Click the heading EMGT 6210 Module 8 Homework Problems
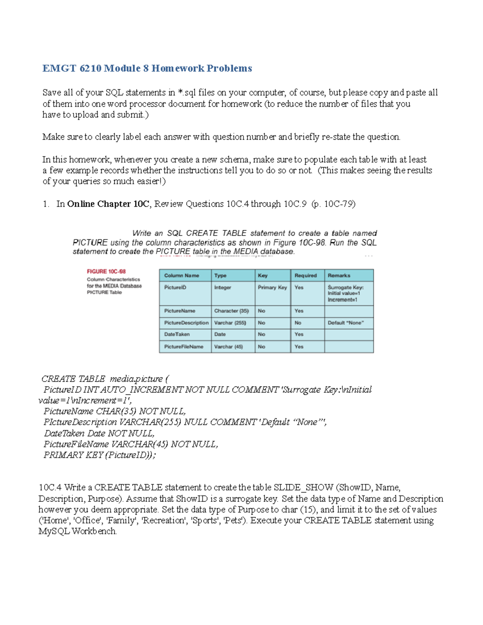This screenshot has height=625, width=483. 147,68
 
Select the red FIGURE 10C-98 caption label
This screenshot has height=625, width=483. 106,272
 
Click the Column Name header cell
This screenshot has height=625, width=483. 182,276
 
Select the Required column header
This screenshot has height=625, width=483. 305,276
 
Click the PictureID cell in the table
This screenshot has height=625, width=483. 175,287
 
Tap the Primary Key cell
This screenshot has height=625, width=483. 272,287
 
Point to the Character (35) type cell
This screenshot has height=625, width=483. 231,311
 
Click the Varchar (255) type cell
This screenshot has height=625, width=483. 230,323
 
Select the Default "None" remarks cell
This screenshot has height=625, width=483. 346,323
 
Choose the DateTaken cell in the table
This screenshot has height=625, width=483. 177,334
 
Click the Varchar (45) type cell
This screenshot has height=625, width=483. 229,347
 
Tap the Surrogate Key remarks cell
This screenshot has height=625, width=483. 346,293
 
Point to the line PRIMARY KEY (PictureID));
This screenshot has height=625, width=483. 99,455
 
